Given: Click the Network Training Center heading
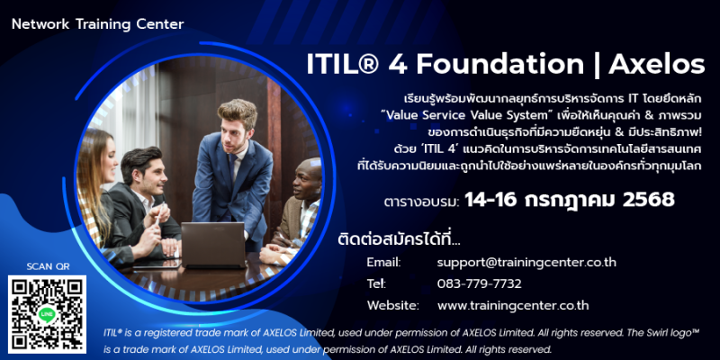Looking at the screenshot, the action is [97, 24].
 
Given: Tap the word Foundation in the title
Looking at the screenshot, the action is [500, 65].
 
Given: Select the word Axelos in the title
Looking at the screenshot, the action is [657, 65].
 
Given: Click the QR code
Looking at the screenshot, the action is [47, 314].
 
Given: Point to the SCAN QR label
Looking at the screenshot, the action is [48, 266].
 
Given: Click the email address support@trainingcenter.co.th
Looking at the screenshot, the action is [526, 263].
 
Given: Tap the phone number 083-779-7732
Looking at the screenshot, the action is [480, 284].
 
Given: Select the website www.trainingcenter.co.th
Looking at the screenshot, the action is [513, 306].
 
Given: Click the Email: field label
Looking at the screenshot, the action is [384, 263].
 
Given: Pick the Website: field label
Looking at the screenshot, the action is [393, 306].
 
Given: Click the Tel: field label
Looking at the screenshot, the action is [376, 284].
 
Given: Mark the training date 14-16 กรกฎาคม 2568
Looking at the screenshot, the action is [570, 200].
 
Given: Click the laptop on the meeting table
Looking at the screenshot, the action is [213, 245].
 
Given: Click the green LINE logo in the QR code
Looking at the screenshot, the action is [47, 314].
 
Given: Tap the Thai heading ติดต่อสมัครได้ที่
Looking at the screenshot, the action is [398, 239].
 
